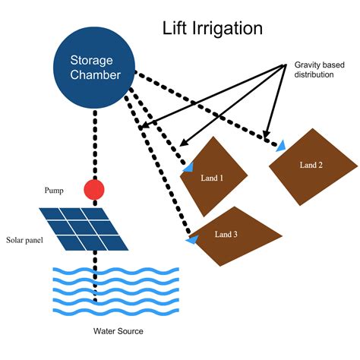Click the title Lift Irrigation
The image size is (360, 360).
[213, 29]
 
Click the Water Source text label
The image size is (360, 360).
[118, 331]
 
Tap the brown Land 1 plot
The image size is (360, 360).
[212, 177]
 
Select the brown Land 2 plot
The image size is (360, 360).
[312, 166]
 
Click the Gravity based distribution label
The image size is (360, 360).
[324, 70]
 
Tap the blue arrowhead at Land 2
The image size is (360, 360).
[281, 145]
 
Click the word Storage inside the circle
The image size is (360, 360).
[92, 61]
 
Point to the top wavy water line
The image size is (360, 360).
[114, 271]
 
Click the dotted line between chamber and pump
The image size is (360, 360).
[95, 144]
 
